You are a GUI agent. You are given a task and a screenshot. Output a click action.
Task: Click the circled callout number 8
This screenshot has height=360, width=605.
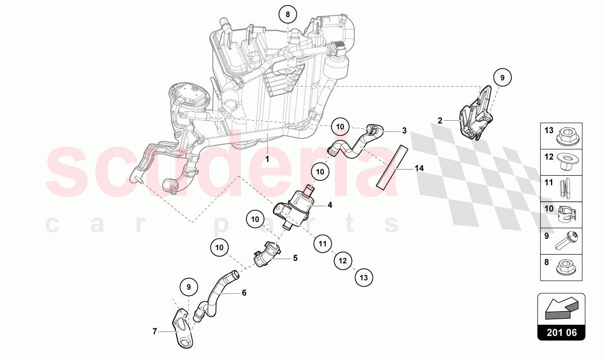(287, 15)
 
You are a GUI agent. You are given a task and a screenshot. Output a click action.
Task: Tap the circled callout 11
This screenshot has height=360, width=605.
(322, 243)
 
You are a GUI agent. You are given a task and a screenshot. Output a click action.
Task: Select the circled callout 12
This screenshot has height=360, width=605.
(343, 260)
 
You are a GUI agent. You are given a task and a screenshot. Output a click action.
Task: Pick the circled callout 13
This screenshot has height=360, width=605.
(364, 277)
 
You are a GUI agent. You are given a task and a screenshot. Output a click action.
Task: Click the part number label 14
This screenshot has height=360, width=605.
(419, 168)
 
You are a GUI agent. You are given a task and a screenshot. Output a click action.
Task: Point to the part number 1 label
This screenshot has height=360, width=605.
(267, 159)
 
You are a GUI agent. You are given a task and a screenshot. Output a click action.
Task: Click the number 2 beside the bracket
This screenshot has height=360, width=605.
(440, 121)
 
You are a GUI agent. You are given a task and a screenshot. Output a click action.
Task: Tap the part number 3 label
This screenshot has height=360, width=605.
(404, 131)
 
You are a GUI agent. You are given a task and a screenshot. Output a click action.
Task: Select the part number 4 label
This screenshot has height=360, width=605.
(330, 205)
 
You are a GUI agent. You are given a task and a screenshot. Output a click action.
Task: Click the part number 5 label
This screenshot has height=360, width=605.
(295, 258)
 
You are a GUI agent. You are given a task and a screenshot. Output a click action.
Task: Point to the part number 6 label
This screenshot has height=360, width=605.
(244, 293)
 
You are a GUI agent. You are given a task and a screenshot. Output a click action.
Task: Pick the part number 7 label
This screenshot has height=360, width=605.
(155, 331)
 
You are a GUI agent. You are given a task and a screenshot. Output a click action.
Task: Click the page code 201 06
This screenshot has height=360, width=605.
(561, 333)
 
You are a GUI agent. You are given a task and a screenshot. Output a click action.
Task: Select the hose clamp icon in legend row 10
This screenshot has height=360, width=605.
(566, 213)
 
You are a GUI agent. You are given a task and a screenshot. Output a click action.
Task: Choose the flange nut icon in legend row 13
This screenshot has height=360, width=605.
(566, 136)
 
